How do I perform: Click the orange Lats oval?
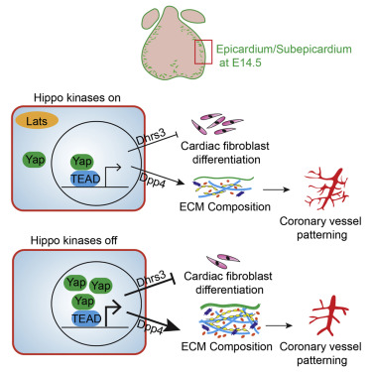coord(39,121)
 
